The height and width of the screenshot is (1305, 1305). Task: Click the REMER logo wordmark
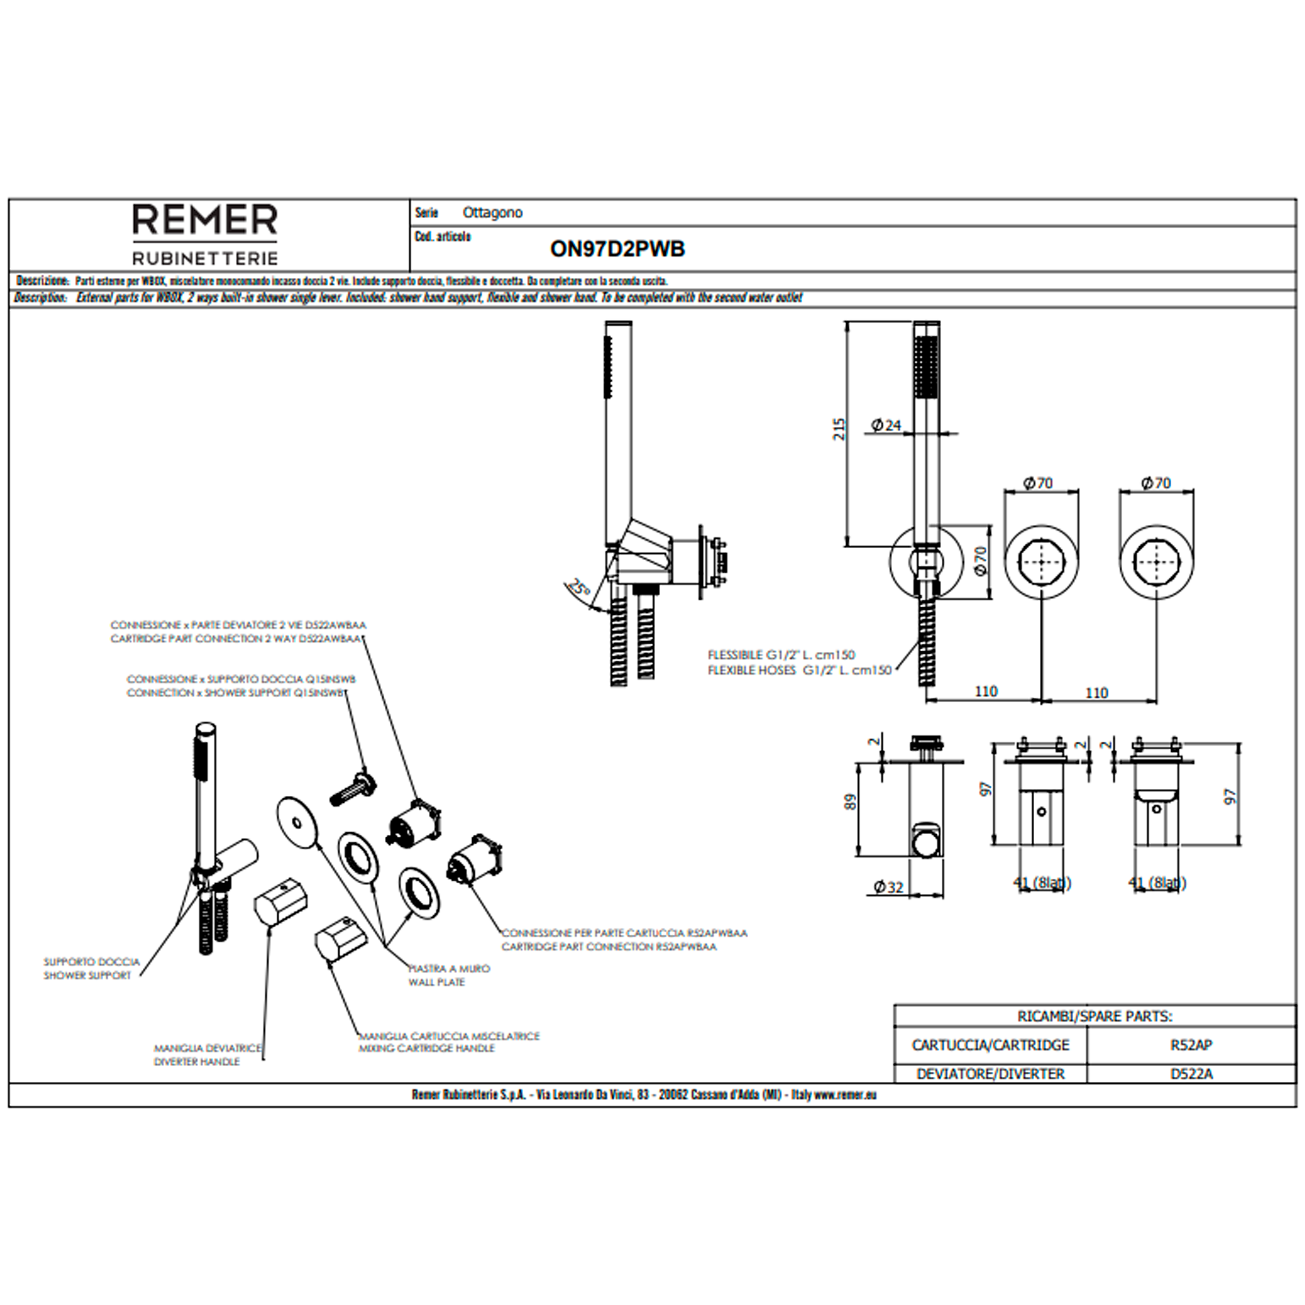click(205, 220)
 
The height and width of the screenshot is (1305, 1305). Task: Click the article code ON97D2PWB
click(617, 249)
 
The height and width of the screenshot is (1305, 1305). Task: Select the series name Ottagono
click(493, 213)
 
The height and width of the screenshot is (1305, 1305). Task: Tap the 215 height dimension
click(839, 429)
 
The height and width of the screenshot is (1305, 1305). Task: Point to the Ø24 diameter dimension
click(886, 425)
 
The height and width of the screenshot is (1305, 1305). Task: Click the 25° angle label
click(578, 586)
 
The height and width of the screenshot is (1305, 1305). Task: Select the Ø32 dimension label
click(888, 887)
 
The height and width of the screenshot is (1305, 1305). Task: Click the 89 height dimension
click(851, 802)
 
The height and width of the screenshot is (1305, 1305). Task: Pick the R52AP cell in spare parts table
click(1191, 1045)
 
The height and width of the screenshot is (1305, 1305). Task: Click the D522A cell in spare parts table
click(1191, 1074)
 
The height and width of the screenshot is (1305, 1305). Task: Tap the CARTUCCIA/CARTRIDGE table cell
click(990, 1045)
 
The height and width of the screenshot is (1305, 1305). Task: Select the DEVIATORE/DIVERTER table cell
click(990, 1074)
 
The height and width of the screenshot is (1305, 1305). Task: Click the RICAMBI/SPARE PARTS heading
click(1094, 1016)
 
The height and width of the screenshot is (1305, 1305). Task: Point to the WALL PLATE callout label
click(436, 982)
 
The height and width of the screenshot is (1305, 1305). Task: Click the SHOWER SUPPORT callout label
click(88, 976)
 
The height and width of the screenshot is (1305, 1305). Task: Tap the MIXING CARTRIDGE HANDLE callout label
click(427, 1048)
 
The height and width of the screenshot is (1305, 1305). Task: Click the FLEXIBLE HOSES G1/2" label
click(799, 671)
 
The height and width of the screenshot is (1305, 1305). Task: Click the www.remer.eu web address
click(845, 1095)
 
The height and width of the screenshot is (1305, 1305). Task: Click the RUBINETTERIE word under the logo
click(205, 258)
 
